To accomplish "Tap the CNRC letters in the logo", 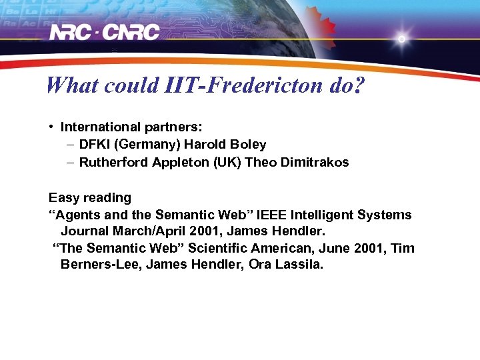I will click(x=133, y=32).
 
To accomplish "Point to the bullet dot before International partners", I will click(x=51, y=127).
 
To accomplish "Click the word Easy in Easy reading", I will click(x=62, y=198).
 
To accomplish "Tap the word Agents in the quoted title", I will click(x=75, y=215).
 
